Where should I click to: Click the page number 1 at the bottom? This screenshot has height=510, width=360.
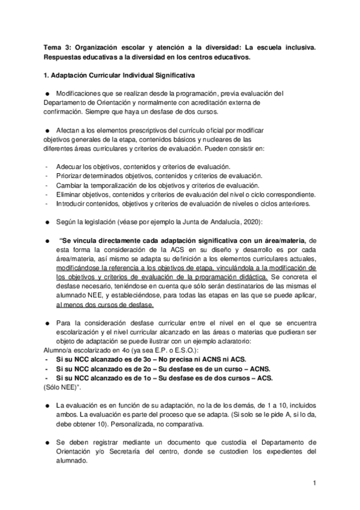pyautogui.click(x=314, y=482)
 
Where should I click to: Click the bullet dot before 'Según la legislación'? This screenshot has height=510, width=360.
pyautogui.click(x=47, y=223)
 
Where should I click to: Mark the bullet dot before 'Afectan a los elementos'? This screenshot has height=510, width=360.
pyautogui.click(x=47, y=131)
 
